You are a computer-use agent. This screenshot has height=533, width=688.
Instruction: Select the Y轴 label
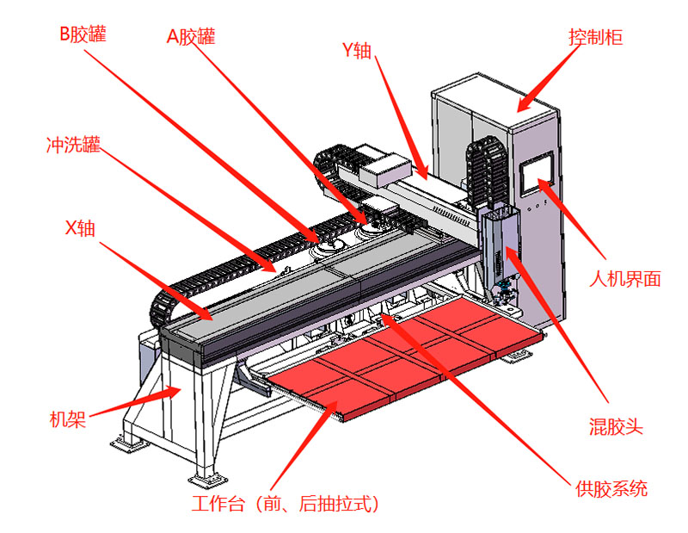tap(356, 51)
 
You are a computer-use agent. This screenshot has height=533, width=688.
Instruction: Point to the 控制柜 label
tap(595, 39)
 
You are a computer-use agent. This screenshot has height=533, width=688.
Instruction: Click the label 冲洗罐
tap(72, 144)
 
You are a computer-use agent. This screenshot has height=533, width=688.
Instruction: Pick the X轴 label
tap(80, 228)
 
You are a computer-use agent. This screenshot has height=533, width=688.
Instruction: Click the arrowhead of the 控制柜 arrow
tap(519, 110)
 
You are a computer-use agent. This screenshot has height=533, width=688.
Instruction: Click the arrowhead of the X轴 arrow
tap(211, 319)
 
